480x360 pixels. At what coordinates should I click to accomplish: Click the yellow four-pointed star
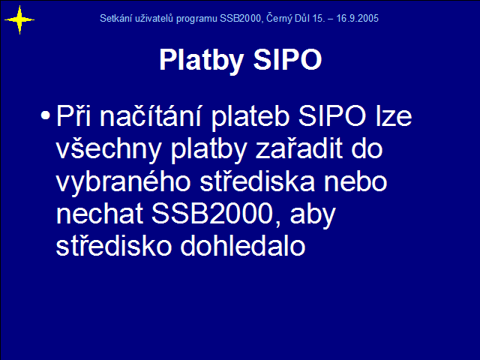click(19, 20)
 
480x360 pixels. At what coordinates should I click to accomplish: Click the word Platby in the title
click(202, 61)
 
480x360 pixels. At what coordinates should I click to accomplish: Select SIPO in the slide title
click(287, 59)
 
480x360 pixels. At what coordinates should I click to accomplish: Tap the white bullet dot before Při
click(45, 115)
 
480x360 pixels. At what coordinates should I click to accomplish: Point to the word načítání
click(151, 115)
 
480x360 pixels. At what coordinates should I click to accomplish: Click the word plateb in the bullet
click(250, 117)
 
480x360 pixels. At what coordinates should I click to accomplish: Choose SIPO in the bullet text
click(332, 116)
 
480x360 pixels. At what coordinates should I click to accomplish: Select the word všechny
click(109, 149)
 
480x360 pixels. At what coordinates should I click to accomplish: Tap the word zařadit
click(298, 148)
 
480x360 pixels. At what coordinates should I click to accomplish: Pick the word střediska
click(257, 181)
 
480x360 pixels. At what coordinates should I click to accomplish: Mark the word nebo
click(355, 181)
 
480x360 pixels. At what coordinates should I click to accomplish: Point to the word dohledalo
click(243, 246)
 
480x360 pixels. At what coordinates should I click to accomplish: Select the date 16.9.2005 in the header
click(358, 18)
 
